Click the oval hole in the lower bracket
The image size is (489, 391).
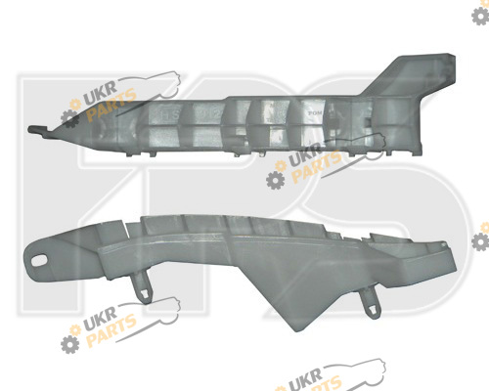point(40,260)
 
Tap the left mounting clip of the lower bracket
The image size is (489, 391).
point(144,287)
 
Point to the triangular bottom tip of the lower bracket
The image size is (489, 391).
point(295,328)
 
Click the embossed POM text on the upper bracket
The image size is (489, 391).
point(315,113)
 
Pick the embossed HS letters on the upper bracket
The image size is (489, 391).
point(170,114)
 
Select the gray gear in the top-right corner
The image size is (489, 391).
point(480,16)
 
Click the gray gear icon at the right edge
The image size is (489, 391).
point(480,242)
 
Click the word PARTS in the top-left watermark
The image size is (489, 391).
point(111,105)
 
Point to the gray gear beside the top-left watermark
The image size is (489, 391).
point(69,118)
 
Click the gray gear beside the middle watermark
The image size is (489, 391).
point(275,180)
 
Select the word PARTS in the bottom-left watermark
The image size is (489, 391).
point(111,329)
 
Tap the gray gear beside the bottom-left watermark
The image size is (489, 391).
point(69,344)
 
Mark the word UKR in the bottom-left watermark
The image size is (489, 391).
point(100,320)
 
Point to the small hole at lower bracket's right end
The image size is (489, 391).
point(442,243)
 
